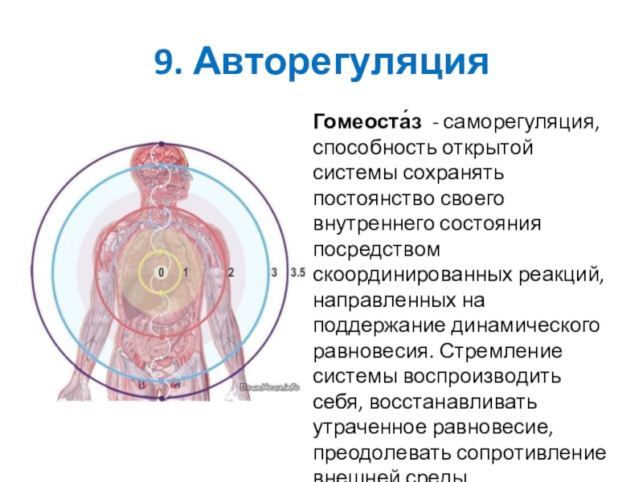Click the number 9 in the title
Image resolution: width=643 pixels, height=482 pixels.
tap(164, 62)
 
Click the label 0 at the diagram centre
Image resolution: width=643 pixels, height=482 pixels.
tap(162, 273)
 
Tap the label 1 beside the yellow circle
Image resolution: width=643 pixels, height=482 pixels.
tap(186, 273)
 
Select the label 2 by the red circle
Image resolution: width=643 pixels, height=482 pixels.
tap(231, 273)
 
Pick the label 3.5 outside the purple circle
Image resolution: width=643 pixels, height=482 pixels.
tap(297, 273)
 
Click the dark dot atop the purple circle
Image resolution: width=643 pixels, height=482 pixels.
tap(162, 145)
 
